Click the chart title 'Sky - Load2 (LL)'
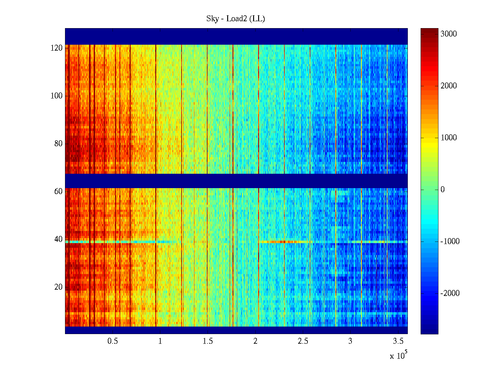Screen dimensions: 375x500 236,19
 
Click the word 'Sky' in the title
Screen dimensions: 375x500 212,19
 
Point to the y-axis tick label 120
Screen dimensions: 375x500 57,48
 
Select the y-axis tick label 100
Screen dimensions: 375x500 57,96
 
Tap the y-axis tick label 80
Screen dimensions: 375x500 58,144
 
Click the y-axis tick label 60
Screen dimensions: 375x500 58,192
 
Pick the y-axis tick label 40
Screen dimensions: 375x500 58,239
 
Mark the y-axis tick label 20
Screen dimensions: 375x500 58,287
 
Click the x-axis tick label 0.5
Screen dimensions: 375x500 112,341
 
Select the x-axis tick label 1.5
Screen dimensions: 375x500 208,341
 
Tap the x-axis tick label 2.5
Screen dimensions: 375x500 303,341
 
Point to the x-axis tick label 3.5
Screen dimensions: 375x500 398,341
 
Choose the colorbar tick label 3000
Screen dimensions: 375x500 449,34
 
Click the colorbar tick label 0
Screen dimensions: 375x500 442,190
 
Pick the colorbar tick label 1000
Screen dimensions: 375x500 449,138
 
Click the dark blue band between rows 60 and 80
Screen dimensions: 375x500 236,181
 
